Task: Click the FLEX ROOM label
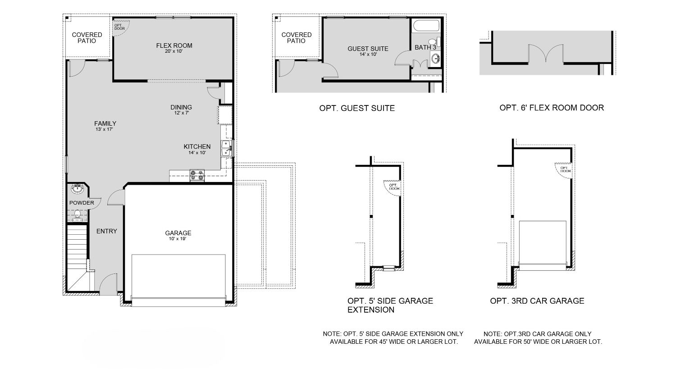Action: coord(174,46)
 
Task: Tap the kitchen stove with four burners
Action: coord(197,175)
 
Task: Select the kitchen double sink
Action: coord(227,148)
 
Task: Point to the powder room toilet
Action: coord(78,215)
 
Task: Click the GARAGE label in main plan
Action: coord(178,233)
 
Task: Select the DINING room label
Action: coord(181,107)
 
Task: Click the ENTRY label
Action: coord(107,231)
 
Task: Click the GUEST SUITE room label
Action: coord(368,49)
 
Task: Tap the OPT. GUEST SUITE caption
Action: coord(357,108)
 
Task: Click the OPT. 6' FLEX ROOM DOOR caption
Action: coord(552,108)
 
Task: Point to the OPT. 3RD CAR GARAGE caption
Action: coord(537,301)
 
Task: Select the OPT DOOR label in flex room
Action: coord(119,27)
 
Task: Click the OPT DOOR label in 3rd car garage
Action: coord(565,169)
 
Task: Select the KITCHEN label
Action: coord(197,146)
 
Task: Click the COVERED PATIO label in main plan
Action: coord(87,37)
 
